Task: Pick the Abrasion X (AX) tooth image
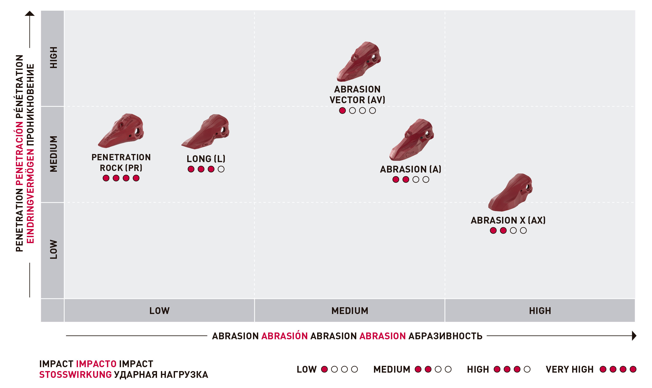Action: tap(510, 193)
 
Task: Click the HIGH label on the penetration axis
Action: tap(53, 58)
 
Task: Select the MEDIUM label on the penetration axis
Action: tap(53, 154)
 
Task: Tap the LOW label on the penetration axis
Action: tap(53, 249)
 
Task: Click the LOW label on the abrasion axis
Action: tap(159, 311)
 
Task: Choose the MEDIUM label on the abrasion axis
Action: tap(350, 311)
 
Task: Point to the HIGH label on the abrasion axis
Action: tap(540, 311)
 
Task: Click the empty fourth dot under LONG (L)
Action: tap(221, 169)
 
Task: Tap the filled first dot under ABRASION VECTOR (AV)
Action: tap(342, 110)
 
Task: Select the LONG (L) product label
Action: tap(206, 159)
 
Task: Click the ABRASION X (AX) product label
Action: tap(508, 220)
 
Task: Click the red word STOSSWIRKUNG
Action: tap(75, 375)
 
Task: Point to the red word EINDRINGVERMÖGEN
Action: tap(30, 196)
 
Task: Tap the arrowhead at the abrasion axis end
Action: tap(634, 336)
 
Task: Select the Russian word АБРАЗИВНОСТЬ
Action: tap(445, 336)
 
